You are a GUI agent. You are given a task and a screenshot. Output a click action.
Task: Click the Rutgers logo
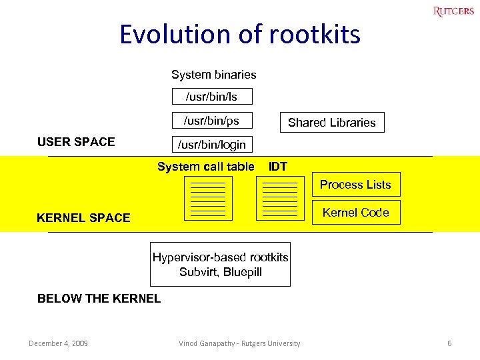453,11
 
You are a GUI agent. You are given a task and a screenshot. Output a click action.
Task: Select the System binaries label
213,75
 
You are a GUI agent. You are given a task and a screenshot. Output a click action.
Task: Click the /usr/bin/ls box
211,97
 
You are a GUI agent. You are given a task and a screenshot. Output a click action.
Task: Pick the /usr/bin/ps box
211,121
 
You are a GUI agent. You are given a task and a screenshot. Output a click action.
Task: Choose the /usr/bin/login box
211,144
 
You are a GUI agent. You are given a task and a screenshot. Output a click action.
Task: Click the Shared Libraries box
331,122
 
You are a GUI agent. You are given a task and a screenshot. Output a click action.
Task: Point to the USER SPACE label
76,141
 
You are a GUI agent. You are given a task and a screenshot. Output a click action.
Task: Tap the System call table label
205,167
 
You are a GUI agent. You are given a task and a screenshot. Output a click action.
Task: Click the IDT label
277,167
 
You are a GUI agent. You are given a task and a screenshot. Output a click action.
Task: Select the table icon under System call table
208,199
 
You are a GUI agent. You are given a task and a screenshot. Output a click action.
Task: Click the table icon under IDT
280,199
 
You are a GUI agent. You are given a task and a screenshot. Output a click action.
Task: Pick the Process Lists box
356,185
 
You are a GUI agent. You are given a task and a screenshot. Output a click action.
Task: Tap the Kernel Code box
356,213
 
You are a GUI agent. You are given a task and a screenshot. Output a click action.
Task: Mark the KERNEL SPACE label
83,218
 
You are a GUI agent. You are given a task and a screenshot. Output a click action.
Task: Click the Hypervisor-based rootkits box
220,265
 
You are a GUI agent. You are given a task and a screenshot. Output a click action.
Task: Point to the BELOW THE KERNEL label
99,299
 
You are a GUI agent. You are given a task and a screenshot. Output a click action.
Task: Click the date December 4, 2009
58,343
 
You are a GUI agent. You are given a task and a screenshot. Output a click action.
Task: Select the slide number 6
449,343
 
